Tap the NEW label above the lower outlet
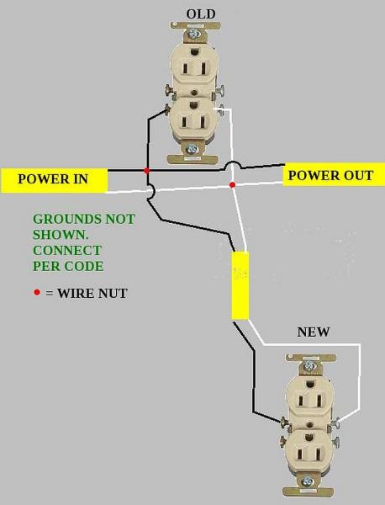pyautogui.click(x=314, y=332)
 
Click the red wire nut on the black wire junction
pyautogui.click(x=147, y=171)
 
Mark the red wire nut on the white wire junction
pyautogui.click(x=233, y=183)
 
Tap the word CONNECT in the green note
pyautogui.click(x=67, y=250)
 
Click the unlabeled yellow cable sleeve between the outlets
pyautogui.click(x=240, y=285)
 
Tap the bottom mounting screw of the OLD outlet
pyautogui.click(x=192, y=149)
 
